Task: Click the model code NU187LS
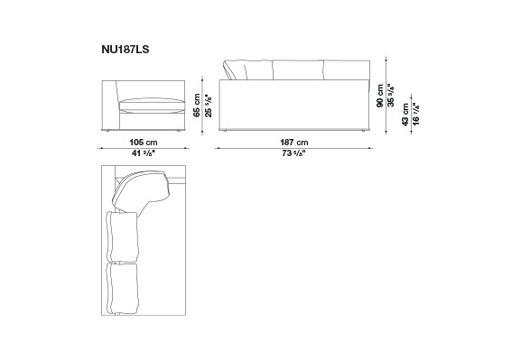point(126,50)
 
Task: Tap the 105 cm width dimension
point(144,143)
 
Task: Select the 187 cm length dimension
point(293,143)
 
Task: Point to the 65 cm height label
point(197,105)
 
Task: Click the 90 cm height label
point(380,96)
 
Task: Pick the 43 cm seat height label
point(405,115)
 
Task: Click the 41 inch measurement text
point(144,153)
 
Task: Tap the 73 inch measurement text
point(293,153)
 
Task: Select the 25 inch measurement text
point(208,106)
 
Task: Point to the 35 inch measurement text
point(391,96)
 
